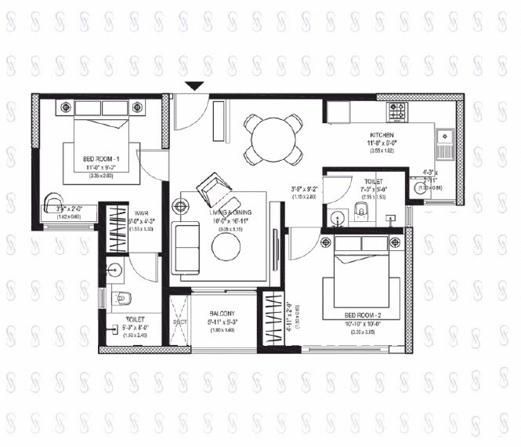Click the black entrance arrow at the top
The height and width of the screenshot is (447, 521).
195,85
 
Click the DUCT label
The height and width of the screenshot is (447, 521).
179,322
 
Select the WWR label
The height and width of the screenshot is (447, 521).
142,212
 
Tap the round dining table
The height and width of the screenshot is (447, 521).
272,140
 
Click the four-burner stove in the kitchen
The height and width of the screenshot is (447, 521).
396,111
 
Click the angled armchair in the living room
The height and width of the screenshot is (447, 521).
214,187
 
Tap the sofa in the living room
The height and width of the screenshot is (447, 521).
186,248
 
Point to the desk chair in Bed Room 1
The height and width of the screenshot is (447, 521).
52,202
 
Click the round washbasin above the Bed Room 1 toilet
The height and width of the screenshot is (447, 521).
114,272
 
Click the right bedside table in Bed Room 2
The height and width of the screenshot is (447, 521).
390,242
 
